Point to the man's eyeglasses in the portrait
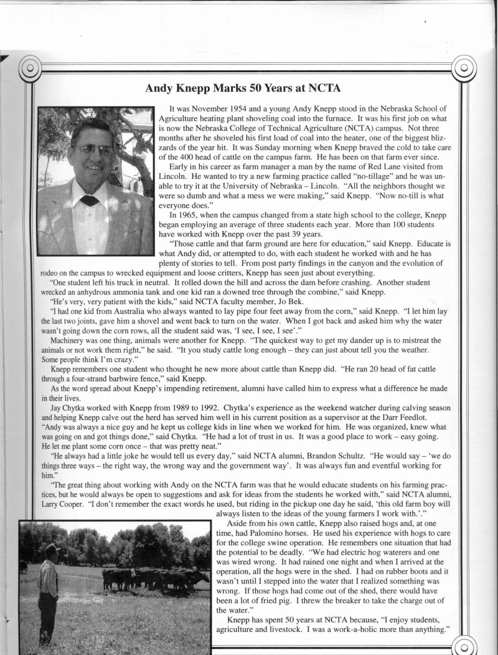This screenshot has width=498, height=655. click(95, 150)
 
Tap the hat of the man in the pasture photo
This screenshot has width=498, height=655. click(52, 548)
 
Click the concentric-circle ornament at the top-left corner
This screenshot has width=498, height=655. click(29, 67)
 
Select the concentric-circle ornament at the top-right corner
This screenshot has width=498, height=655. click(464, 67)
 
